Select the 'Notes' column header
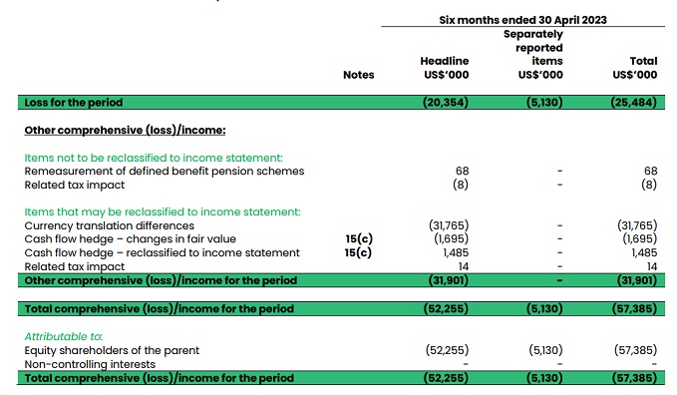[358, 74]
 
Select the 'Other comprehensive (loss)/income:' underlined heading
[124, 130]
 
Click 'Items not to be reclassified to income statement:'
[154, 158]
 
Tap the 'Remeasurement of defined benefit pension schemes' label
[165, 172]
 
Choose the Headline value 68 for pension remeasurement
[461, 172]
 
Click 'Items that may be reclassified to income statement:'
[162, 211]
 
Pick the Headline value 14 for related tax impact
[462, 266]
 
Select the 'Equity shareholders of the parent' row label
[112, 350]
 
